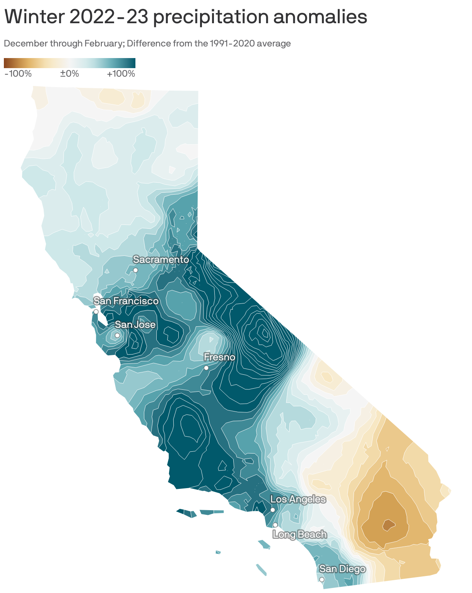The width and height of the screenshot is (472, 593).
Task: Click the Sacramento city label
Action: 161,260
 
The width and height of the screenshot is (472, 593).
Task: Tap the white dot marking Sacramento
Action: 135,270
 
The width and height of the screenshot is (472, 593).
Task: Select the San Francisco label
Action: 126,301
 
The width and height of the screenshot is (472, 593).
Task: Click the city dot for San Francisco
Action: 96,312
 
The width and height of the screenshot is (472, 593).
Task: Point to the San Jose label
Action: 135,325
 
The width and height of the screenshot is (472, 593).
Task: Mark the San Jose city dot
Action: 117,335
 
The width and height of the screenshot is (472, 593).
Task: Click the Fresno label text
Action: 219,357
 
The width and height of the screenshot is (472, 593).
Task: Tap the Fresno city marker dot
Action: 206,368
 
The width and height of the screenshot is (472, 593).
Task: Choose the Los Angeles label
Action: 298,499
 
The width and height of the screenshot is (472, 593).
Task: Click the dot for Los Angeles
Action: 272,510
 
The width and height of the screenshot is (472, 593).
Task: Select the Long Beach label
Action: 300,535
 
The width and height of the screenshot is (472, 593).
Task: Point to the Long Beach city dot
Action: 275,525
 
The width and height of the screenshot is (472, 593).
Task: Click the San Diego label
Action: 342,569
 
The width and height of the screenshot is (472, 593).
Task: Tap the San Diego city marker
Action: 322,579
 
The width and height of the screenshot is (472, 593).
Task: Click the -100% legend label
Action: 18,74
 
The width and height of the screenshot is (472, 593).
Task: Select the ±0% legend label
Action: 70,74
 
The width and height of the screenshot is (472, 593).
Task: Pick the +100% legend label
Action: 121,74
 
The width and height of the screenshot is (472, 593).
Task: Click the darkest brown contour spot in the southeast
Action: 388,525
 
